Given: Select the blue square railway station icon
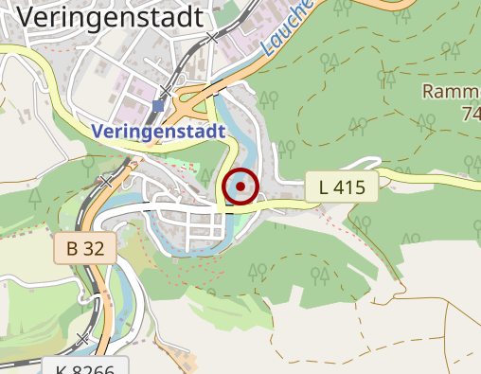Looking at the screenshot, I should tap(157, 106).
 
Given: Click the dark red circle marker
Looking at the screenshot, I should tap(240, 187).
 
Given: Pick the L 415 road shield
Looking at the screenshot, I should tap(342, 187).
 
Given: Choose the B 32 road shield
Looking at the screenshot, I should tap(84, 249).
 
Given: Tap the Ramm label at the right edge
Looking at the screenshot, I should tap(451, 92).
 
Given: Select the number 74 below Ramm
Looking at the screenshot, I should tap(471, 114).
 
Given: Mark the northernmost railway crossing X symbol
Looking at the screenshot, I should tap(212, 40).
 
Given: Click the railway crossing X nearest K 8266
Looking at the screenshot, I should tap(83, 338).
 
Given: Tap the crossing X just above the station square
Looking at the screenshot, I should tap(167, 91).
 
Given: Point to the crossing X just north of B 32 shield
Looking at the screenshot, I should tap(106, 180).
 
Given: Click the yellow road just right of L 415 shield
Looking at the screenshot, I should tap(417, 178).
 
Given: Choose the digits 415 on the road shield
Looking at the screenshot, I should tap(349, 187).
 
